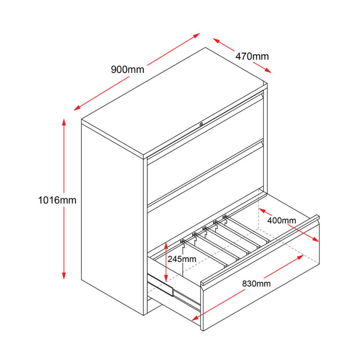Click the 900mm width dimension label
(x=127, y=70)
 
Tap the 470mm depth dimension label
(x=252, y=56)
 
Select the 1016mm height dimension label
(x=57, y=200)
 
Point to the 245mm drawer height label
(x=182, y=259)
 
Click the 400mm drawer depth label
(x=281, y=220)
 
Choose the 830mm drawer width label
(x=256, y=283)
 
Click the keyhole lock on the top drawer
(x=202, y=124)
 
